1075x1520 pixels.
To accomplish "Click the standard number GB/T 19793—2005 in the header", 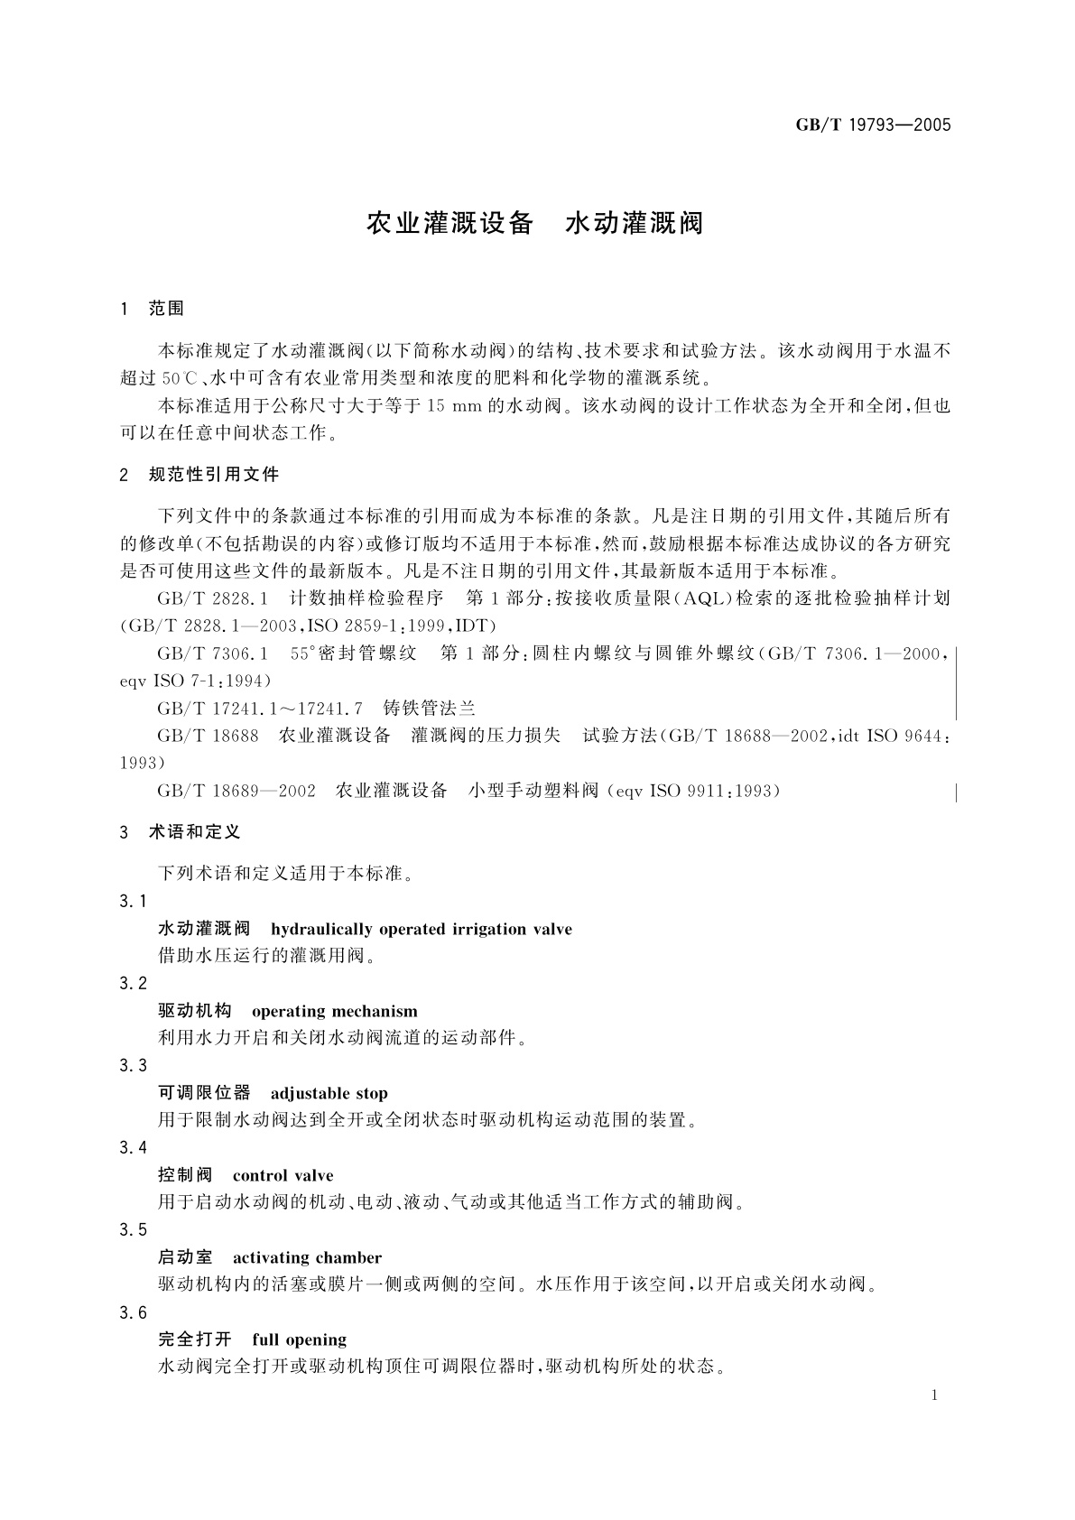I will pos(873,125).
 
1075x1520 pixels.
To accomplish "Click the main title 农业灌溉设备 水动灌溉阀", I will pos(534,223).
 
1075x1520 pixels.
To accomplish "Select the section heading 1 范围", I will pos(152,309).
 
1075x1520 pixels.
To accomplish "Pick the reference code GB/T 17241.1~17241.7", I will pos(260,709).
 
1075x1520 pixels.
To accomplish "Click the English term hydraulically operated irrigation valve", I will pos(421,929).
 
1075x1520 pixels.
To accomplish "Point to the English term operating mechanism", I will pos(334,1011).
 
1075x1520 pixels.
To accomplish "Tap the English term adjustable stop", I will pos(329,1093).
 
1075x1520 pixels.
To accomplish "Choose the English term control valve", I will pos(283,1175).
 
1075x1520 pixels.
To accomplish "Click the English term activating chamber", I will pos(307,1257).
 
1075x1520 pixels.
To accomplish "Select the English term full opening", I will pos(299,1339).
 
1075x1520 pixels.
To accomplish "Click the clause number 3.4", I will pos(133,1147).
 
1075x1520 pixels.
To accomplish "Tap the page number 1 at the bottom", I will pos(934,1395).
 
